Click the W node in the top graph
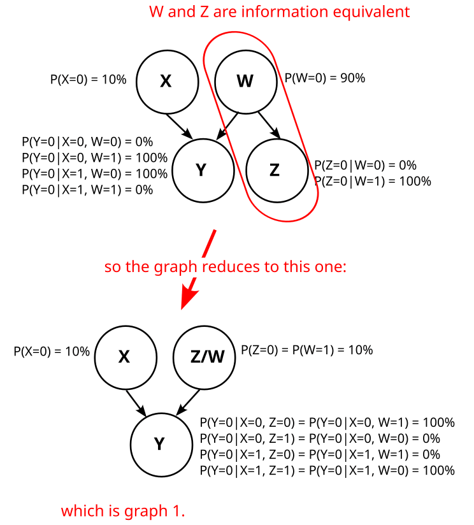(245, 81)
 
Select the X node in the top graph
(166, 81)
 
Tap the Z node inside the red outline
(275, 170)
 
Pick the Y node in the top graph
(201, 170)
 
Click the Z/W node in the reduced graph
(207, 357)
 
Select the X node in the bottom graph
(125, 357)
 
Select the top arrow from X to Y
(179, 126)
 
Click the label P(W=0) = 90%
(324, 78)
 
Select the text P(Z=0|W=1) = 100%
(373, 181)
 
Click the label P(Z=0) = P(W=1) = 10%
(307, 350)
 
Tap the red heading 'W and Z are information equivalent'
(280, 11)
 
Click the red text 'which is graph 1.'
(123, 510)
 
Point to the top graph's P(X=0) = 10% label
(89, 80)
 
